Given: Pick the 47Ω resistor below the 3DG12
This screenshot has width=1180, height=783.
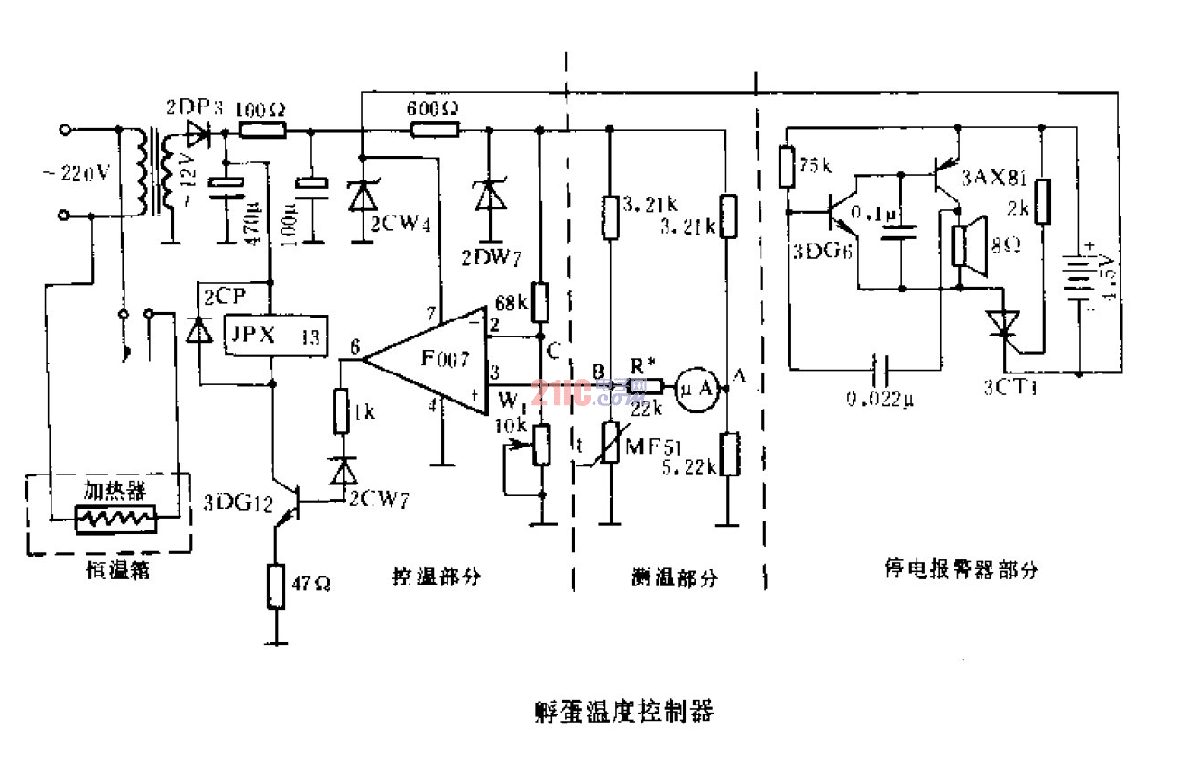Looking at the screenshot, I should point(276,585).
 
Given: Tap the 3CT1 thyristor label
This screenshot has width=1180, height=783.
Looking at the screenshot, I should point(1010,390).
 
